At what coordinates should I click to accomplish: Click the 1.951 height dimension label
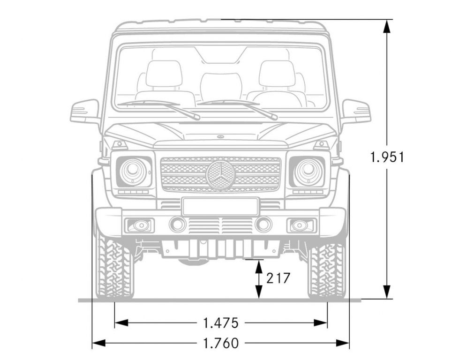click(x=387, y=157)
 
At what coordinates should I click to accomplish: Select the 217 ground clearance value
click(x=278, y=278)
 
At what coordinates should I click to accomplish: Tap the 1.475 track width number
click(x=221, y=322)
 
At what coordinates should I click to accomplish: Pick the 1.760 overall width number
click(x=221, y=343)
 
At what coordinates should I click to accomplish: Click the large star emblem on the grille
click(x=221, y=176)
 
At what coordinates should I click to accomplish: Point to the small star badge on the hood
click(x=221, y=137)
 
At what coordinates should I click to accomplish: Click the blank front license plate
click(x=220, y=206)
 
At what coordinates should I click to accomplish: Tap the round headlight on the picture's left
click(x=133, y=172)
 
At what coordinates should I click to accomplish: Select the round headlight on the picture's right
click(x=308, y=172)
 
